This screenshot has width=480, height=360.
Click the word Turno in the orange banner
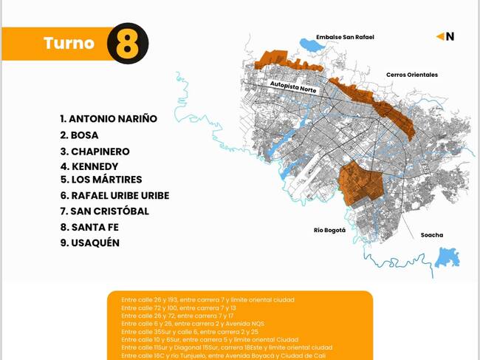click(x=69, y=43)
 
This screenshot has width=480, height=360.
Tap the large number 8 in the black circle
click(x=127, y=44)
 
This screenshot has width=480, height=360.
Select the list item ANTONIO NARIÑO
click(x=108, y=118)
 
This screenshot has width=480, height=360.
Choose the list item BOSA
click(x=79, y=135)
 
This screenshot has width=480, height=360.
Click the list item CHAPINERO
click(x=95, y=152)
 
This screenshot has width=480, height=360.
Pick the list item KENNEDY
click(x=89, y=166)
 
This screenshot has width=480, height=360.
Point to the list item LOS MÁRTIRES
click(x=101, y=180)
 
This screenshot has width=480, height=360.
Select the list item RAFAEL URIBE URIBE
click(x=114, y=196)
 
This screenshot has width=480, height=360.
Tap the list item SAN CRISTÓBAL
click(x=104, y=211)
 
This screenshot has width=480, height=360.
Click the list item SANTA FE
click(x=89, y=227)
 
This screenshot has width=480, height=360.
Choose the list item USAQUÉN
click(x=89, y=243)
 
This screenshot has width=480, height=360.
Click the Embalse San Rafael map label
click(x=345, y=36)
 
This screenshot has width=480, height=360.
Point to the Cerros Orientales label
click(x=411, y=75)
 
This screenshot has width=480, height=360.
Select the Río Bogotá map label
click(x=329, y=230)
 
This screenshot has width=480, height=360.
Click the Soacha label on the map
click(x=432, y=235)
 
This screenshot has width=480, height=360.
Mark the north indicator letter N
click(x=450, y=35)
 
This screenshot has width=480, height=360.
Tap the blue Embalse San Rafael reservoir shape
click(x=313, y=47)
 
